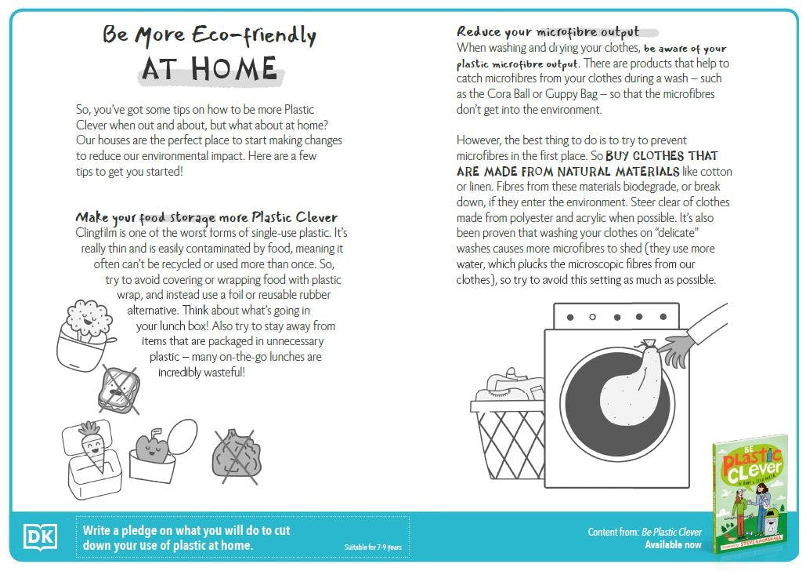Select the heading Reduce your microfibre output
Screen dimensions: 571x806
[548, 32]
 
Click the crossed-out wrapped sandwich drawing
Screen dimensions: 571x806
[120, 386]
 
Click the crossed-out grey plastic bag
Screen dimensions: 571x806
[236, 454]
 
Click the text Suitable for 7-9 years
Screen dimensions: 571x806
[373, 547]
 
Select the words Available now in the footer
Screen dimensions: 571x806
[673, 544]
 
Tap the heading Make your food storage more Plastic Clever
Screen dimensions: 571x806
[207, 217]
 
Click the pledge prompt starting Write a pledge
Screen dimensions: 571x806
[186, 537]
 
